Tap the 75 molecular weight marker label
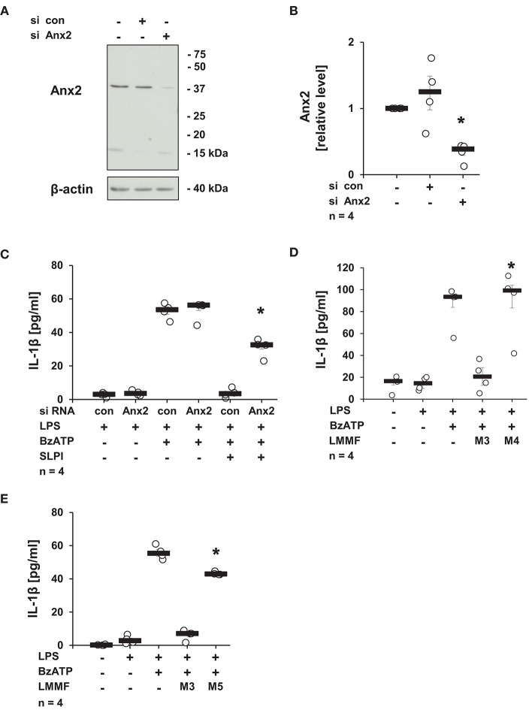pyautogui.click(x=200, y=54)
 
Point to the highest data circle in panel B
pyautogui.click(x=431, y=58)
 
